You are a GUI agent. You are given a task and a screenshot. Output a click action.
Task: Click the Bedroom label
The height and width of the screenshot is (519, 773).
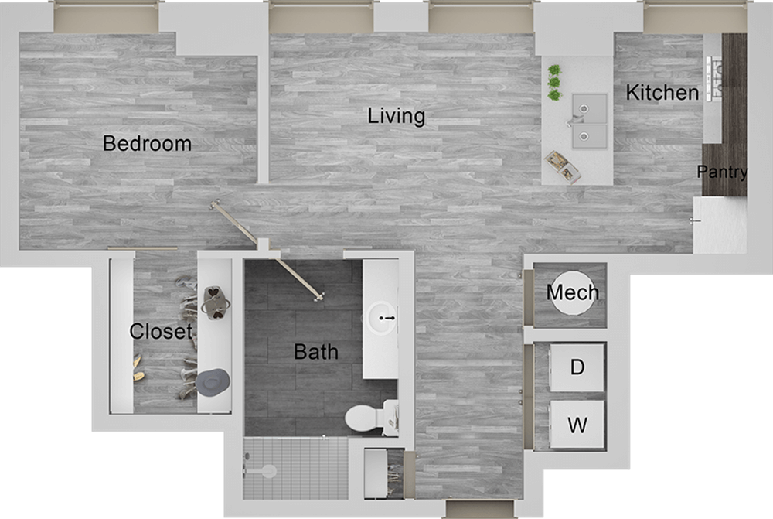(x=147, y=143)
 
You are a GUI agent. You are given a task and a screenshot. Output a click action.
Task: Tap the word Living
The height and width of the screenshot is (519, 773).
(x=396, y=116)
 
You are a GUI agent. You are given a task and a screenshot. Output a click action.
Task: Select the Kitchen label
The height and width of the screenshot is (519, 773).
(x=662, y=93)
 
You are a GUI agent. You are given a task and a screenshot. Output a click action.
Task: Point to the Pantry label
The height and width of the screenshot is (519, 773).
(x=722, y=172)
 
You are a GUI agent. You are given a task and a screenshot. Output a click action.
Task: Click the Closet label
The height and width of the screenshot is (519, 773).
(x=160, y=332)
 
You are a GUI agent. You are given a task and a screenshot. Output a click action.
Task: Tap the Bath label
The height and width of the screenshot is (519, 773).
(x=316, y=352)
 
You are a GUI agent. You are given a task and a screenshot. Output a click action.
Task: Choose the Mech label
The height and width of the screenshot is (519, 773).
(x=572, y=292)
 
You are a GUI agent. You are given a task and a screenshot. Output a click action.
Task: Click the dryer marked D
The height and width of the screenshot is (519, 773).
(x=577, y=367)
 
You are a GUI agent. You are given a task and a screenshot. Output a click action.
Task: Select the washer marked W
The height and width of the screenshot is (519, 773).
(x=577, y=425)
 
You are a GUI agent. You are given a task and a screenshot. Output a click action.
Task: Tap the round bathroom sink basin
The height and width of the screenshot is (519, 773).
(x=383, y=317)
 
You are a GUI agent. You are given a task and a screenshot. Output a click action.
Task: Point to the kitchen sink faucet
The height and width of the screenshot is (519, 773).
(x=573, y=121)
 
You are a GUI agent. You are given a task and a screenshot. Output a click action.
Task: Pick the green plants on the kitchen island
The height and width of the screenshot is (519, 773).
(x=553, y=82)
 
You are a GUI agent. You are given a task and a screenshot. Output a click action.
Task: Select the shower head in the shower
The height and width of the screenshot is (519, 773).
(x=267, y=469)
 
